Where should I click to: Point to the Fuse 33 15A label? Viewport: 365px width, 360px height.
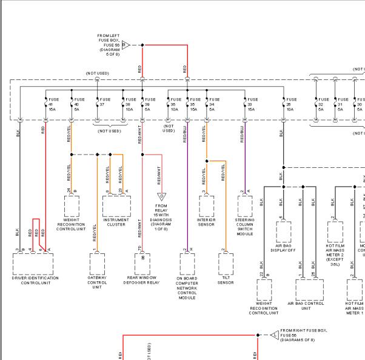pyautogui.click(x=252, y=104)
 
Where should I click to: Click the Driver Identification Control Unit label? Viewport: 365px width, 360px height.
pyautogui.click(x=35, y=281)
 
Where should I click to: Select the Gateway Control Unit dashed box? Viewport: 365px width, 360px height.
pyautogui.click(x=98, y=263)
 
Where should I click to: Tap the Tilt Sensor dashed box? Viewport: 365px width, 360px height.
pyautogui.click(x=226, y=263)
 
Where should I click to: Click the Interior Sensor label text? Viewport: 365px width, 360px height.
pyautogui.click(x=206, y=222)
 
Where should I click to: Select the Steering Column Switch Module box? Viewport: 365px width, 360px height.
pyautogui.click(x=245, y=207)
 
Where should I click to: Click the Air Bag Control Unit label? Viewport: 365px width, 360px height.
pyautogui.click(x=306, y=305)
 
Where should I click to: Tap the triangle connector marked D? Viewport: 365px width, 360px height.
pyautogui.click(x=162, y=197)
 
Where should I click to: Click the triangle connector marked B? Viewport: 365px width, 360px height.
pyautogui.click(x=126, y=45)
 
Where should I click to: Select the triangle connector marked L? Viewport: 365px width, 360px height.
pyautogui.click(x=275, y=335)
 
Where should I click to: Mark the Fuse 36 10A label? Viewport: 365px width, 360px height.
pyautogui.click(x=175, y=104)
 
